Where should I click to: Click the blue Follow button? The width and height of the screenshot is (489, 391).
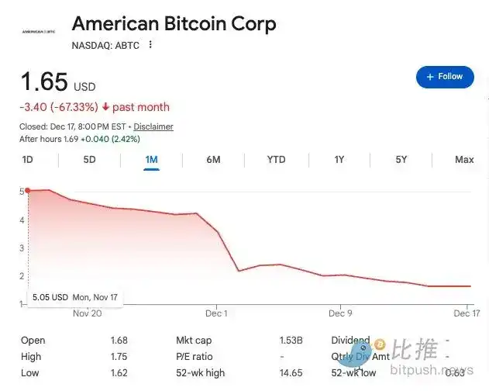pyautogui.click(x=444, y=77)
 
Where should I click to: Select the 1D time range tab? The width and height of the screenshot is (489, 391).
pyautogui.click(x=28, y=160)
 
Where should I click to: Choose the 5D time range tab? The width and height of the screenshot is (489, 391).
pyautogui.click(x=89, y=160)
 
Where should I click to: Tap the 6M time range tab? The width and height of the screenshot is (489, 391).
pyautogui.click(x=213, y=160)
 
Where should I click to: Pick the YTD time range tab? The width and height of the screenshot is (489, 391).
pyautogui.click(x=276, y=160)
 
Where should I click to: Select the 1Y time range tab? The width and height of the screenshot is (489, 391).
pyautogui.click(x=339, y=160)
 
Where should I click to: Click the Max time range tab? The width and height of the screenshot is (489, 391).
pyautogui.click(x=464, y=160)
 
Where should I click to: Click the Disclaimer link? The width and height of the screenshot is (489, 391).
pyautogui.click(x=153, y=126)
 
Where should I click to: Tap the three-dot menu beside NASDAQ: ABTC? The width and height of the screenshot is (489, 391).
pyautogui.click(x=150, y=45)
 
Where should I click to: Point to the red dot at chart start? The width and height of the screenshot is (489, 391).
pyautogui.click(x=27, y=190)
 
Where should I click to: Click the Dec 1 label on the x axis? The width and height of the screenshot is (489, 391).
pyautogui.click(x=216, y=313)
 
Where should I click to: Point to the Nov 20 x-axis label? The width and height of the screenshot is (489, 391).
pyautogui.click(x=87, y=313)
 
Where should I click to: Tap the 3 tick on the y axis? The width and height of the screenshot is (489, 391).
pyautogui.click(x=22, y=247)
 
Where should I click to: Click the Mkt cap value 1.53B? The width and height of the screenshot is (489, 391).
pyautogui.click(x=291, y=341)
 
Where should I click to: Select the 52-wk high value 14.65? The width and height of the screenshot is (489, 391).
pyautogui.click(x=291, y=373)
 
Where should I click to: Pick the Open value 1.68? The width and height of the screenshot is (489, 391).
pyautogui.click(x=119, y=341)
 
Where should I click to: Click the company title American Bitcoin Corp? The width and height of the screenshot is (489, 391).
pyautogui.click(x=174, y=23)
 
